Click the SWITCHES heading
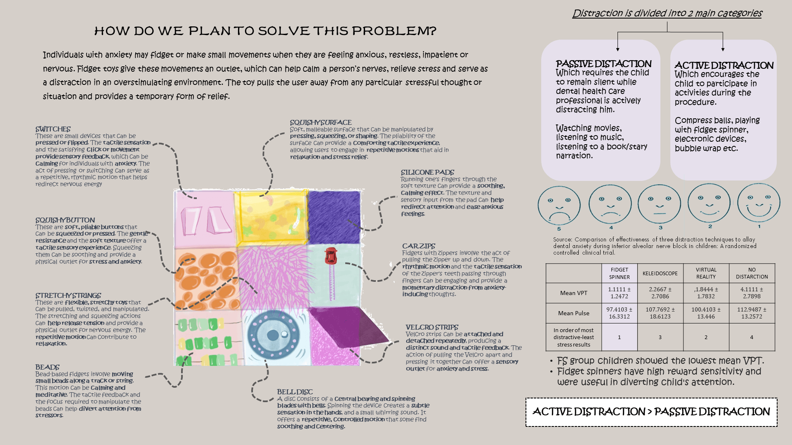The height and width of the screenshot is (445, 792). [53, 129]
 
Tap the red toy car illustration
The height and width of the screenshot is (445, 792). [330, 256]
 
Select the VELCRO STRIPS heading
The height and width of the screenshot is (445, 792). [432, 327]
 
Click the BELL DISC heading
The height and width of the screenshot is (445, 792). [295, 392]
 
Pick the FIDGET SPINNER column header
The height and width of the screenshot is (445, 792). [619, 273]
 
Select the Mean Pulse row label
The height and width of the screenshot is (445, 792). [573, 313]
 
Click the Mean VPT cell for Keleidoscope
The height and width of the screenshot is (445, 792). [660, 293]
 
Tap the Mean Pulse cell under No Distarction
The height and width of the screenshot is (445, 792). [752, 313]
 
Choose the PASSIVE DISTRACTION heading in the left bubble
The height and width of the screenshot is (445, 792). [603, 64]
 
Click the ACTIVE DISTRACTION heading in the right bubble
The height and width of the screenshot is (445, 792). [724, 66]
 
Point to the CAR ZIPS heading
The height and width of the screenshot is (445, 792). [419, 246]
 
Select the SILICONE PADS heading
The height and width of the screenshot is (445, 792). [427, 172]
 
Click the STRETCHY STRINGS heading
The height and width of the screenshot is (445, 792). [68, 295]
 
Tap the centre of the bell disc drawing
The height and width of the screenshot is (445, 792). [273, 335]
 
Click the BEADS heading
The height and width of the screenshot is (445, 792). [47, 367]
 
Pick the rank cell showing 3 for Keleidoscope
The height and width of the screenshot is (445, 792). [660, 337]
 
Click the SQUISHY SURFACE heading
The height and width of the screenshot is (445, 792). [321, 122]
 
